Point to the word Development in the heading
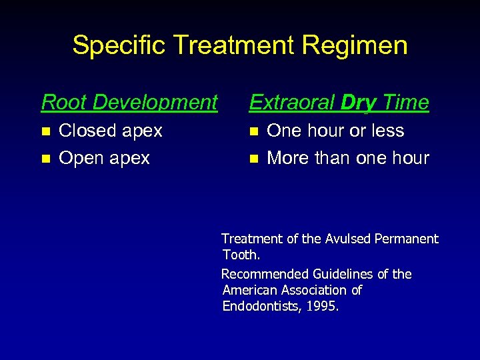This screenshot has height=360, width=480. pos(155,103)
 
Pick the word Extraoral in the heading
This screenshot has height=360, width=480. pos(291,103)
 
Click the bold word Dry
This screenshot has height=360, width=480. pos(358,103)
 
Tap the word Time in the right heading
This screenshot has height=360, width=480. pos(405,103)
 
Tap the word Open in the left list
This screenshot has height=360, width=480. pos(79,159)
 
